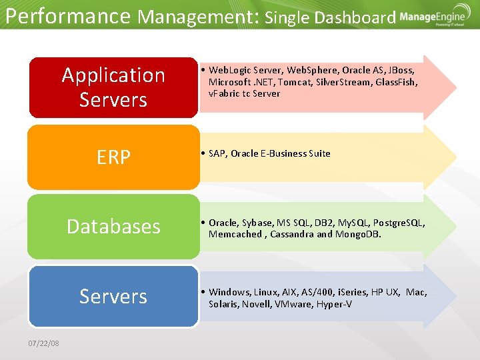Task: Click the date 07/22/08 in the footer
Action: [x=43, y=343]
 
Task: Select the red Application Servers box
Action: [x=113, y=87]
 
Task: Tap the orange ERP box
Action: [x=113, y=157]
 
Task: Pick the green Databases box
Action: [x=113, y=226]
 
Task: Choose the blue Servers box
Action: [x=113, y=295]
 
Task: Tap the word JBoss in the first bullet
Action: [x=401, y=70]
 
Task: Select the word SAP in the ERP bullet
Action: [x=217, y=153]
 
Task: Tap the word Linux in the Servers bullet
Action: [x=265, y=292]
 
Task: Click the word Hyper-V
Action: [x=335, y=304]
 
